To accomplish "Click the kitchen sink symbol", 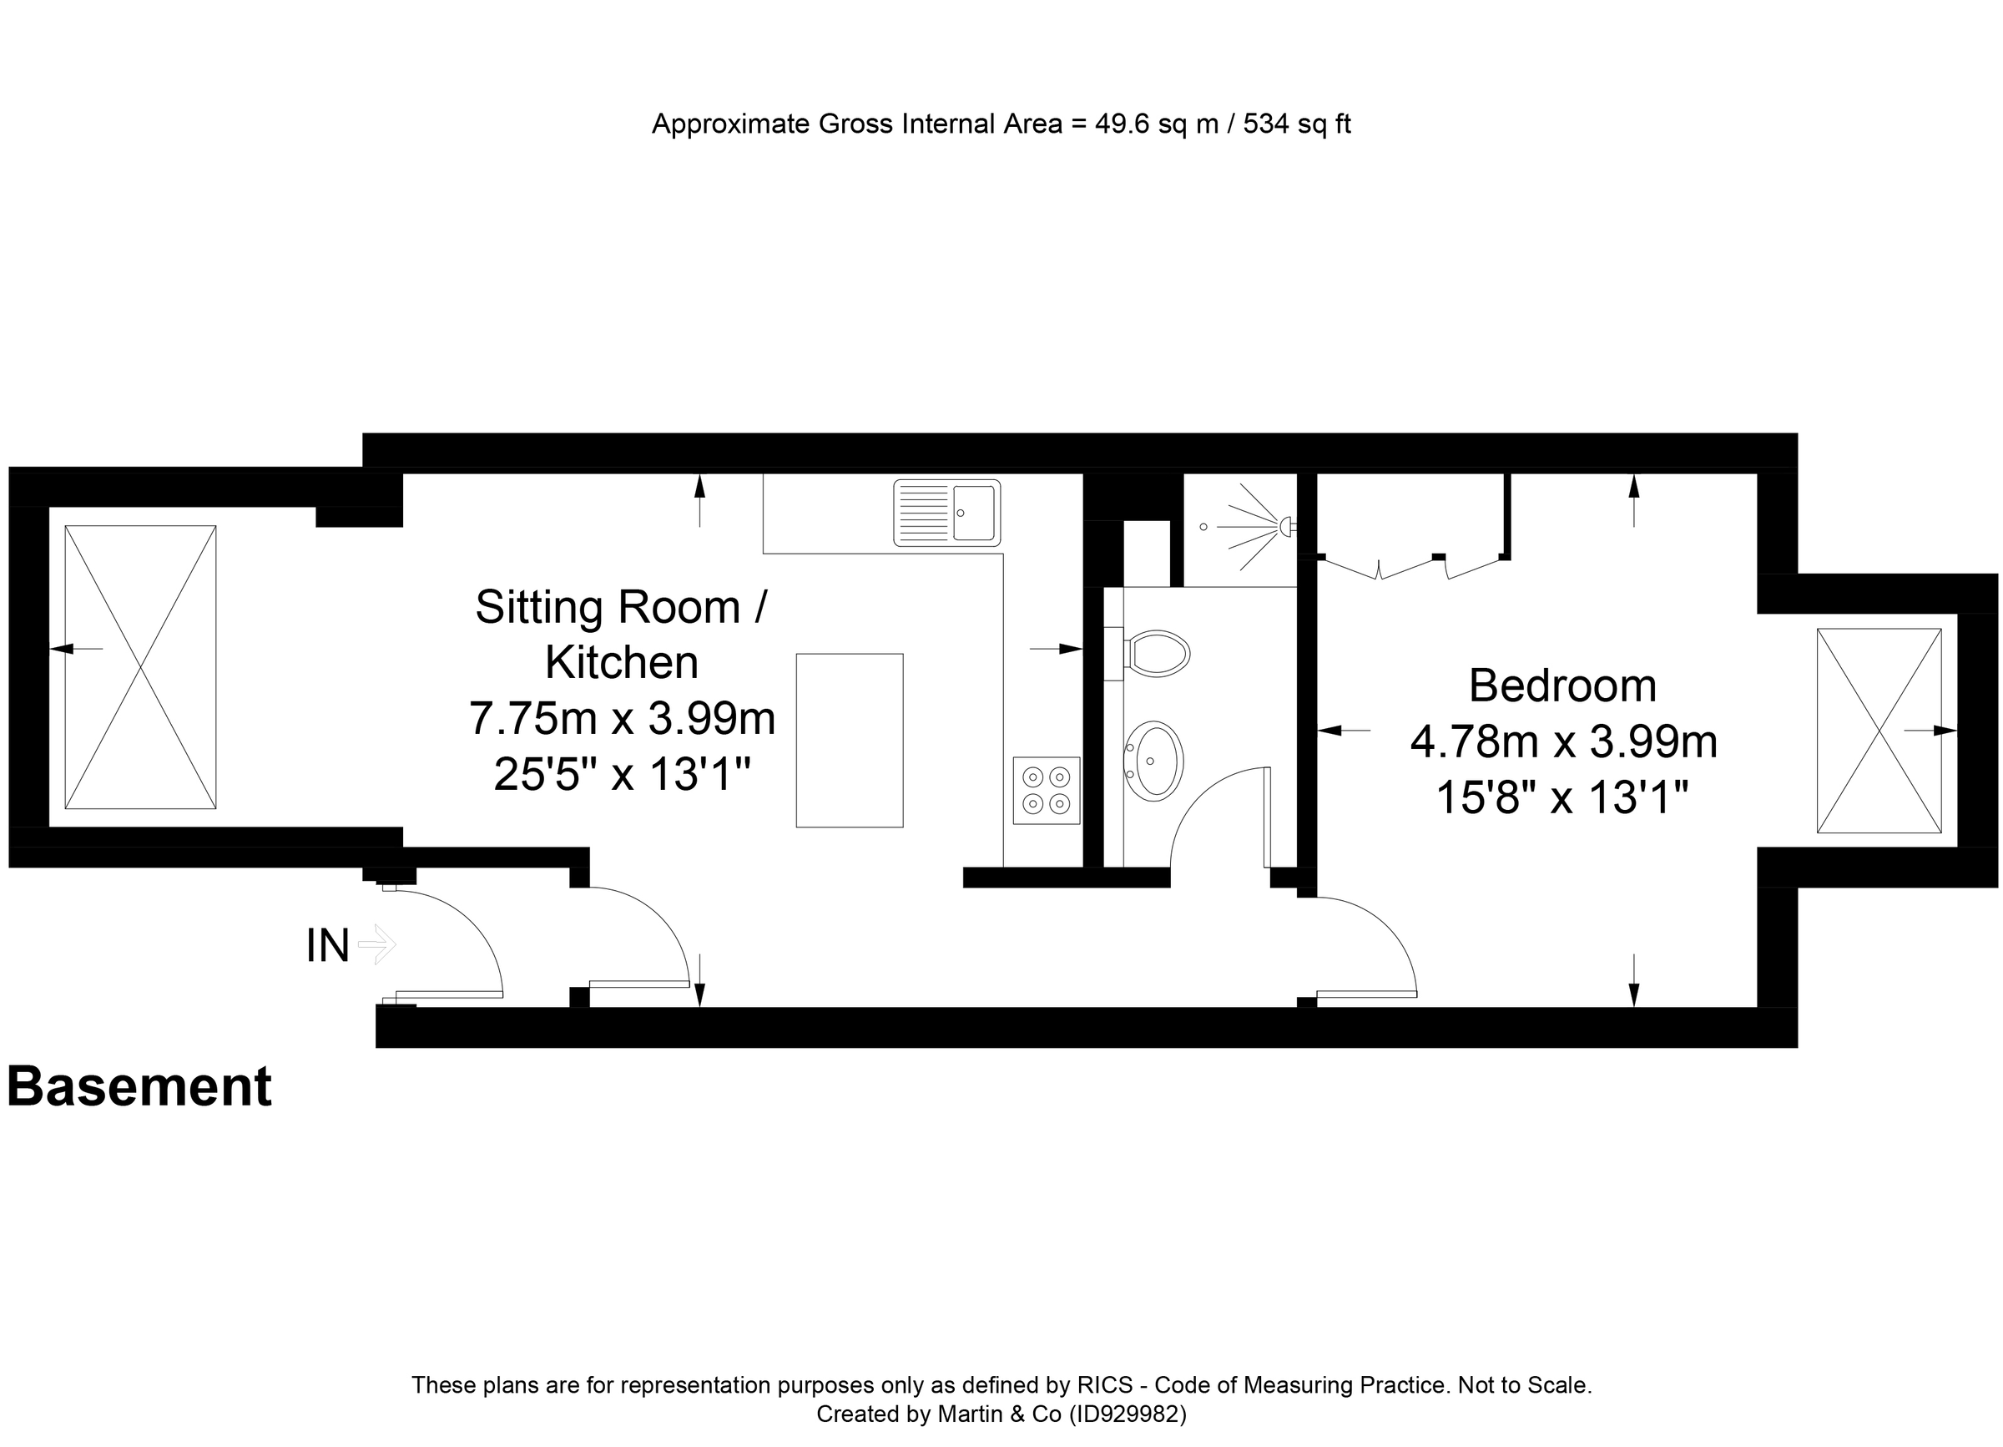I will [x=946, y=513].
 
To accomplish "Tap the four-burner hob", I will [x=1046, y=790].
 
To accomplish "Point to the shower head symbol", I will [x=1284, y=527].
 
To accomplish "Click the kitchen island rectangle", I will [x=849, y=741].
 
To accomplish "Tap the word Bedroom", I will [x=1562, y=686].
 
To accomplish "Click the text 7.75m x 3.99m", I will [x=622, y=718].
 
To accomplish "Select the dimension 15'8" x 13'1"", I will [x=1562, y=797].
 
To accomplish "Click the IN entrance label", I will [x=328, y=946].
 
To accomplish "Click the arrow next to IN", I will [x=377, y=944].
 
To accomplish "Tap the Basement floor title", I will [x=139, y=1086].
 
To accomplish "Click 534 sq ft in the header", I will [x=1296, y=124].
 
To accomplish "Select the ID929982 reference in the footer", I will [x=1127, y=1414].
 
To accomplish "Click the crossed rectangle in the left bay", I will [x=140, y=667].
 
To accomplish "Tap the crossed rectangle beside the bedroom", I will [x=1879, y=731].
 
